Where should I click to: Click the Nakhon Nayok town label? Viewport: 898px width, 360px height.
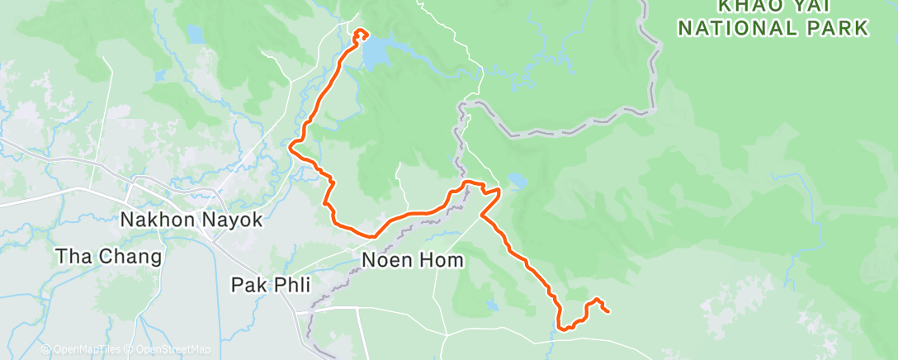click(x=191, y=220)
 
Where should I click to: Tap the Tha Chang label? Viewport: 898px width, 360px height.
click(x=108, y=256)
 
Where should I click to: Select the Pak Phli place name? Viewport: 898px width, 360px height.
click(x=270, y=286)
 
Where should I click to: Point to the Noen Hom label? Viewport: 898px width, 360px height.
click(x=414, y=261)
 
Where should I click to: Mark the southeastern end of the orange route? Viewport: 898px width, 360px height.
click(x=608, y=311)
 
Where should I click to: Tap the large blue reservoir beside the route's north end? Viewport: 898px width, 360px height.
click(x=376, y=54)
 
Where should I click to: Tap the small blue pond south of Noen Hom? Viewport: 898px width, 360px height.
click(x=493, y=305)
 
